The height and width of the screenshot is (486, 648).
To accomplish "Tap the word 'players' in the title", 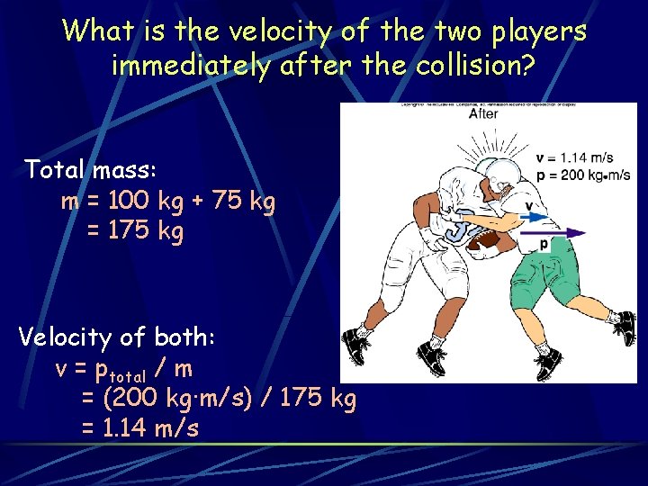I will click(535, 33).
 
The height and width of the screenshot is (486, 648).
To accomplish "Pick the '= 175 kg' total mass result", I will click(135, 231).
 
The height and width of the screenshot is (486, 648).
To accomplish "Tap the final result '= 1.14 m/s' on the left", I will click(140, 427).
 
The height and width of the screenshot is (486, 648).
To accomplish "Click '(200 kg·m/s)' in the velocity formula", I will click(180, 398).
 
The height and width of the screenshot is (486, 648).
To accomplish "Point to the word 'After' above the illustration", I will click(483, 114).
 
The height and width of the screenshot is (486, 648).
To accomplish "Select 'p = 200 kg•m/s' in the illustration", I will click(582, 175).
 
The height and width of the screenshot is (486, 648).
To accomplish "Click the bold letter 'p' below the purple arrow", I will click(544, 245).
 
